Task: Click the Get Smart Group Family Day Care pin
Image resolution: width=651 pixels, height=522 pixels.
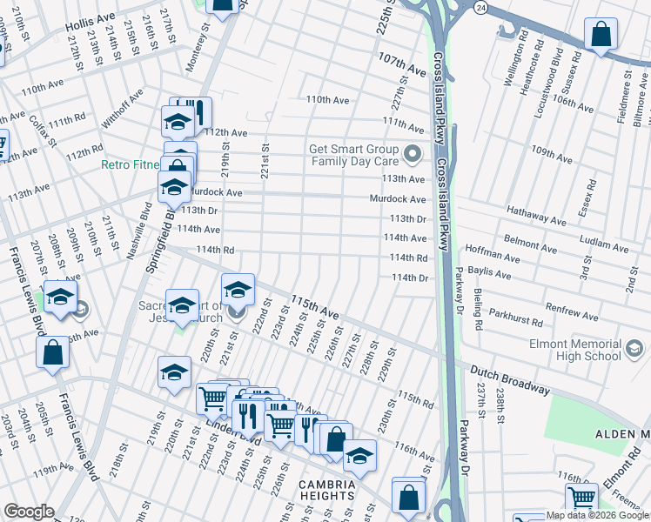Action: point(413,155)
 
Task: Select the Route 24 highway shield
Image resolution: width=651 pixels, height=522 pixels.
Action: point(480,7)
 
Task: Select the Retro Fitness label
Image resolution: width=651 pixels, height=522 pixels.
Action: point(131,164)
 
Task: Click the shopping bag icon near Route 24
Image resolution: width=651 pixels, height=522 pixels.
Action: point(600,36)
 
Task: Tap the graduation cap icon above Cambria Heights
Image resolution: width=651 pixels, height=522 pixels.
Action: point(359,456)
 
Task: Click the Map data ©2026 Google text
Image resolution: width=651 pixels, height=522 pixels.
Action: point(597,515)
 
